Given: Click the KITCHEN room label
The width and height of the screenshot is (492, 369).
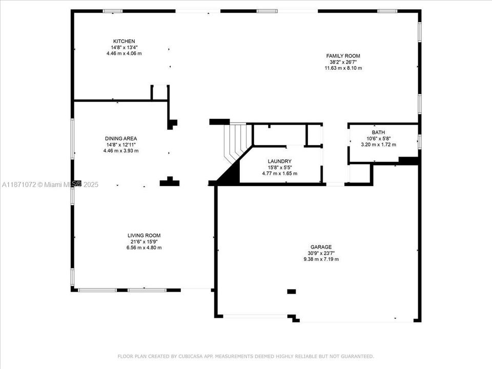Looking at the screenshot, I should click(x=124, y=42).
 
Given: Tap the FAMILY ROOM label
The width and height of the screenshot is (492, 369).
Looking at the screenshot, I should click(x=343, y=56).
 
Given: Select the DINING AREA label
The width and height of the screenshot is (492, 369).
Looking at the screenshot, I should click(x=121, y=138).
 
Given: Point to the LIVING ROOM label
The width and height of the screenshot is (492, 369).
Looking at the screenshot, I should click(x=144, y=236).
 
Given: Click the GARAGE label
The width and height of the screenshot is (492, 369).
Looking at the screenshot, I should click(x=320, y=247).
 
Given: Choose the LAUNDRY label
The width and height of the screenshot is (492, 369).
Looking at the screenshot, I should click(x=279, y=161).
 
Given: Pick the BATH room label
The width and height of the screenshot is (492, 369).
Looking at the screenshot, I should click(x=379, y=132).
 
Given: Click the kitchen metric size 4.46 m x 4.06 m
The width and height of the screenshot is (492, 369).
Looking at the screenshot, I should click(x=124, y=53).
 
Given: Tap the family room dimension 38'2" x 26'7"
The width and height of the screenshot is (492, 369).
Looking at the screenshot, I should click(x=343, y=62).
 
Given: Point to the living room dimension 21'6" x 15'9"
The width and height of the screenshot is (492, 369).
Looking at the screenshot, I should click(x=144, y=242).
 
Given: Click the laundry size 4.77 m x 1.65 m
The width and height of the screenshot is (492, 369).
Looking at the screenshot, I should click(x=279, y=173).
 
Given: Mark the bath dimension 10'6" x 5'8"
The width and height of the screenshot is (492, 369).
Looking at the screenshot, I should click(x=379, y=138).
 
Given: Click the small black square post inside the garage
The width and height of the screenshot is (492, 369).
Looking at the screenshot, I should click(x=291, y=292).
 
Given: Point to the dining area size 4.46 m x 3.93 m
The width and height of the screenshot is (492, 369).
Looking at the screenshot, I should click(x=121, y=151).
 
